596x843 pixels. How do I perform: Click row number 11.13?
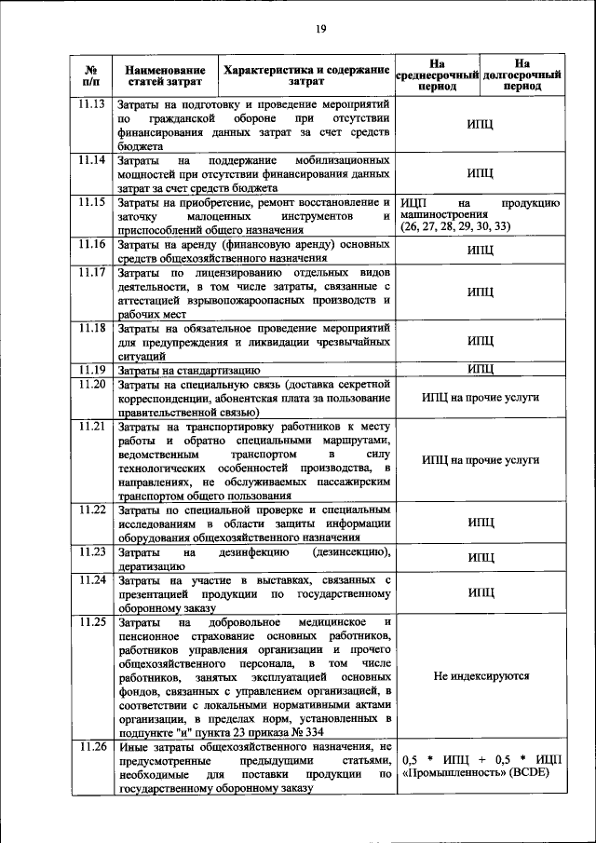tap(92, 104)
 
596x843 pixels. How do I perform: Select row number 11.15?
tap(92, 201)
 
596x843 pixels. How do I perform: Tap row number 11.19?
tap(92, 370)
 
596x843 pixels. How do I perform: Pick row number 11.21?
tap(92, 426)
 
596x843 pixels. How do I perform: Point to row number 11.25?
tap(92, 620)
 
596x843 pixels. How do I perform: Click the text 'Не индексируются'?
tap(481, 677)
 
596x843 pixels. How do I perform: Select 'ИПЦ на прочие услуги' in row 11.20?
tap(481, 397)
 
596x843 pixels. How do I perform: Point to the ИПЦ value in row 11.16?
tap(481, 251)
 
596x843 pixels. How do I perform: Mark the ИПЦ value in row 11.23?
tap(481, 558)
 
